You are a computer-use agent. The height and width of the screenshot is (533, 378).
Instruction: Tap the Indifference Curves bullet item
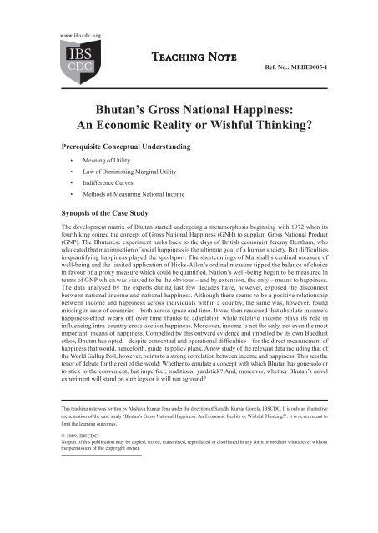pyautogui.click(x=134, y=191)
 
